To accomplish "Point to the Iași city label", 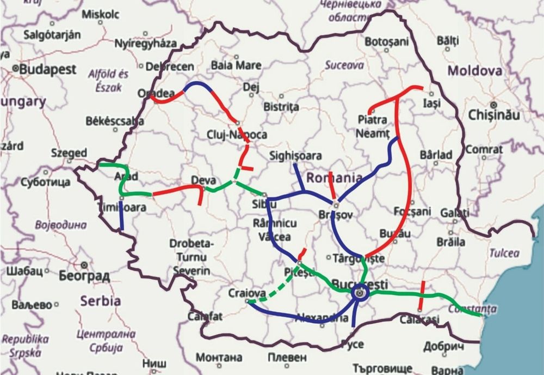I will pos(431,102).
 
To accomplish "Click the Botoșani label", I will pos(386,41).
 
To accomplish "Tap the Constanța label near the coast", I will pos(473,309).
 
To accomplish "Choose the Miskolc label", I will pos(100,14).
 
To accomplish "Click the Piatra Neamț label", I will pos(374,126).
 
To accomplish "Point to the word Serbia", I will pos(100,300).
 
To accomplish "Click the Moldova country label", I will pos(474,71).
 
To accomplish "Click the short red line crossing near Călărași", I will pos(422,295).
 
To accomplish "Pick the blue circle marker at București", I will pos(361,293).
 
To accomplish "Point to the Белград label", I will pos(85,275).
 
